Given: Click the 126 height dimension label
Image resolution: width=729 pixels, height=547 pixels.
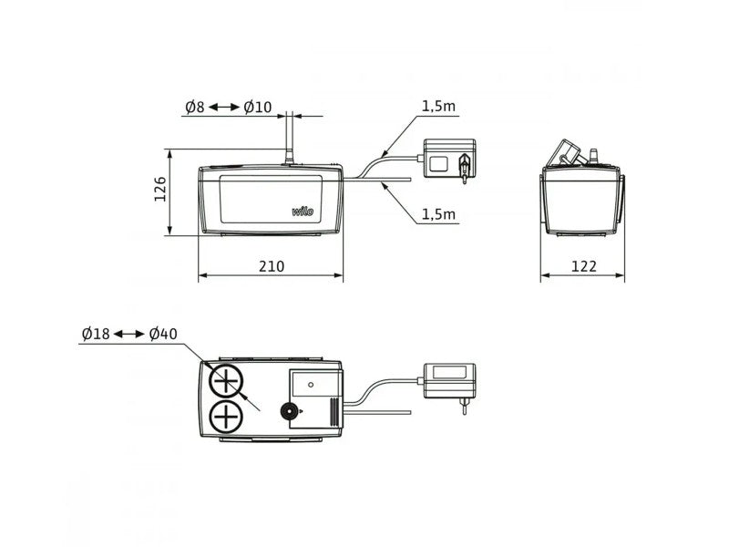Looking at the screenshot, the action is (x=160, y=189).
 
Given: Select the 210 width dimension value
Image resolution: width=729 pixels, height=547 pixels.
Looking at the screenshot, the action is (x=271, y=266).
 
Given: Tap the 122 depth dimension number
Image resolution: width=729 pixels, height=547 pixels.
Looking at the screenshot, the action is (x=583, y=266).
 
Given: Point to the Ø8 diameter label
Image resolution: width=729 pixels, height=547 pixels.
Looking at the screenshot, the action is (x=195, y=107).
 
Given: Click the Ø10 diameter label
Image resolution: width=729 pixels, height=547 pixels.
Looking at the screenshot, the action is (x=258, y=107).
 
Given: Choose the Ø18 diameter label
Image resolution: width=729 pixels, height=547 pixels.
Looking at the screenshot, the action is (x=96, y=334).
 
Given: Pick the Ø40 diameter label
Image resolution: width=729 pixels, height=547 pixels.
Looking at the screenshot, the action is (x=163, y=334).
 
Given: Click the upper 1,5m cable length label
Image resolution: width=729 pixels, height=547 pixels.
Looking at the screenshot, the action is (x=438, y=107).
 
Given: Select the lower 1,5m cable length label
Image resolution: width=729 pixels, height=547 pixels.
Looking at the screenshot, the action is (x=438, y=214).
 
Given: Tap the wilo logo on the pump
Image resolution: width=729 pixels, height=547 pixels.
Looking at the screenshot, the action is (x=303, y=212).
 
